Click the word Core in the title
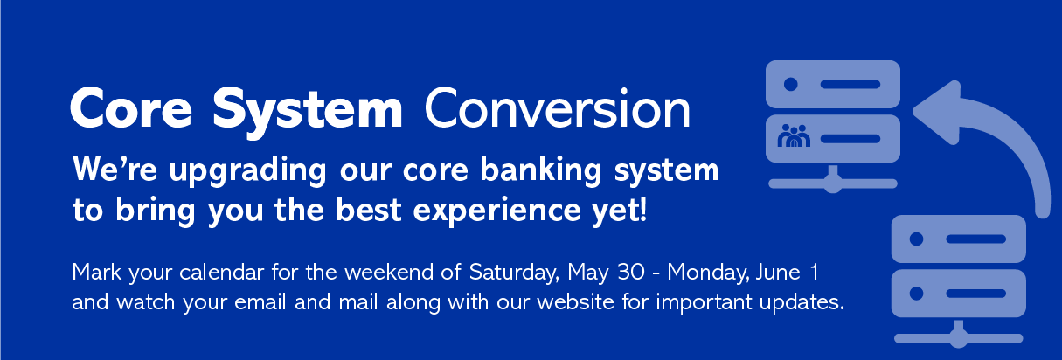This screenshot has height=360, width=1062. [131, 108]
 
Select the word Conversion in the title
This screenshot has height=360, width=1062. [558, 108]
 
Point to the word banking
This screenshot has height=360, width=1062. [541, 171]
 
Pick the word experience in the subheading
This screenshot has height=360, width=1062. [496, 211]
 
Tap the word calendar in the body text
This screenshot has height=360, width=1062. [221, 273]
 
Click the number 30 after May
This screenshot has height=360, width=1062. [631, 273]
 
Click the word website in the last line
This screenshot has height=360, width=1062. [575, 302]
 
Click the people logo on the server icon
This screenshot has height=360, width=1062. [795, 135]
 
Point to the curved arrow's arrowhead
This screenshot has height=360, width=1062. [937, 112]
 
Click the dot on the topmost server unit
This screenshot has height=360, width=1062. [790, 84]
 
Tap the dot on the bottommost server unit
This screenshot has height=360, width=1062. [916, 294]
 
